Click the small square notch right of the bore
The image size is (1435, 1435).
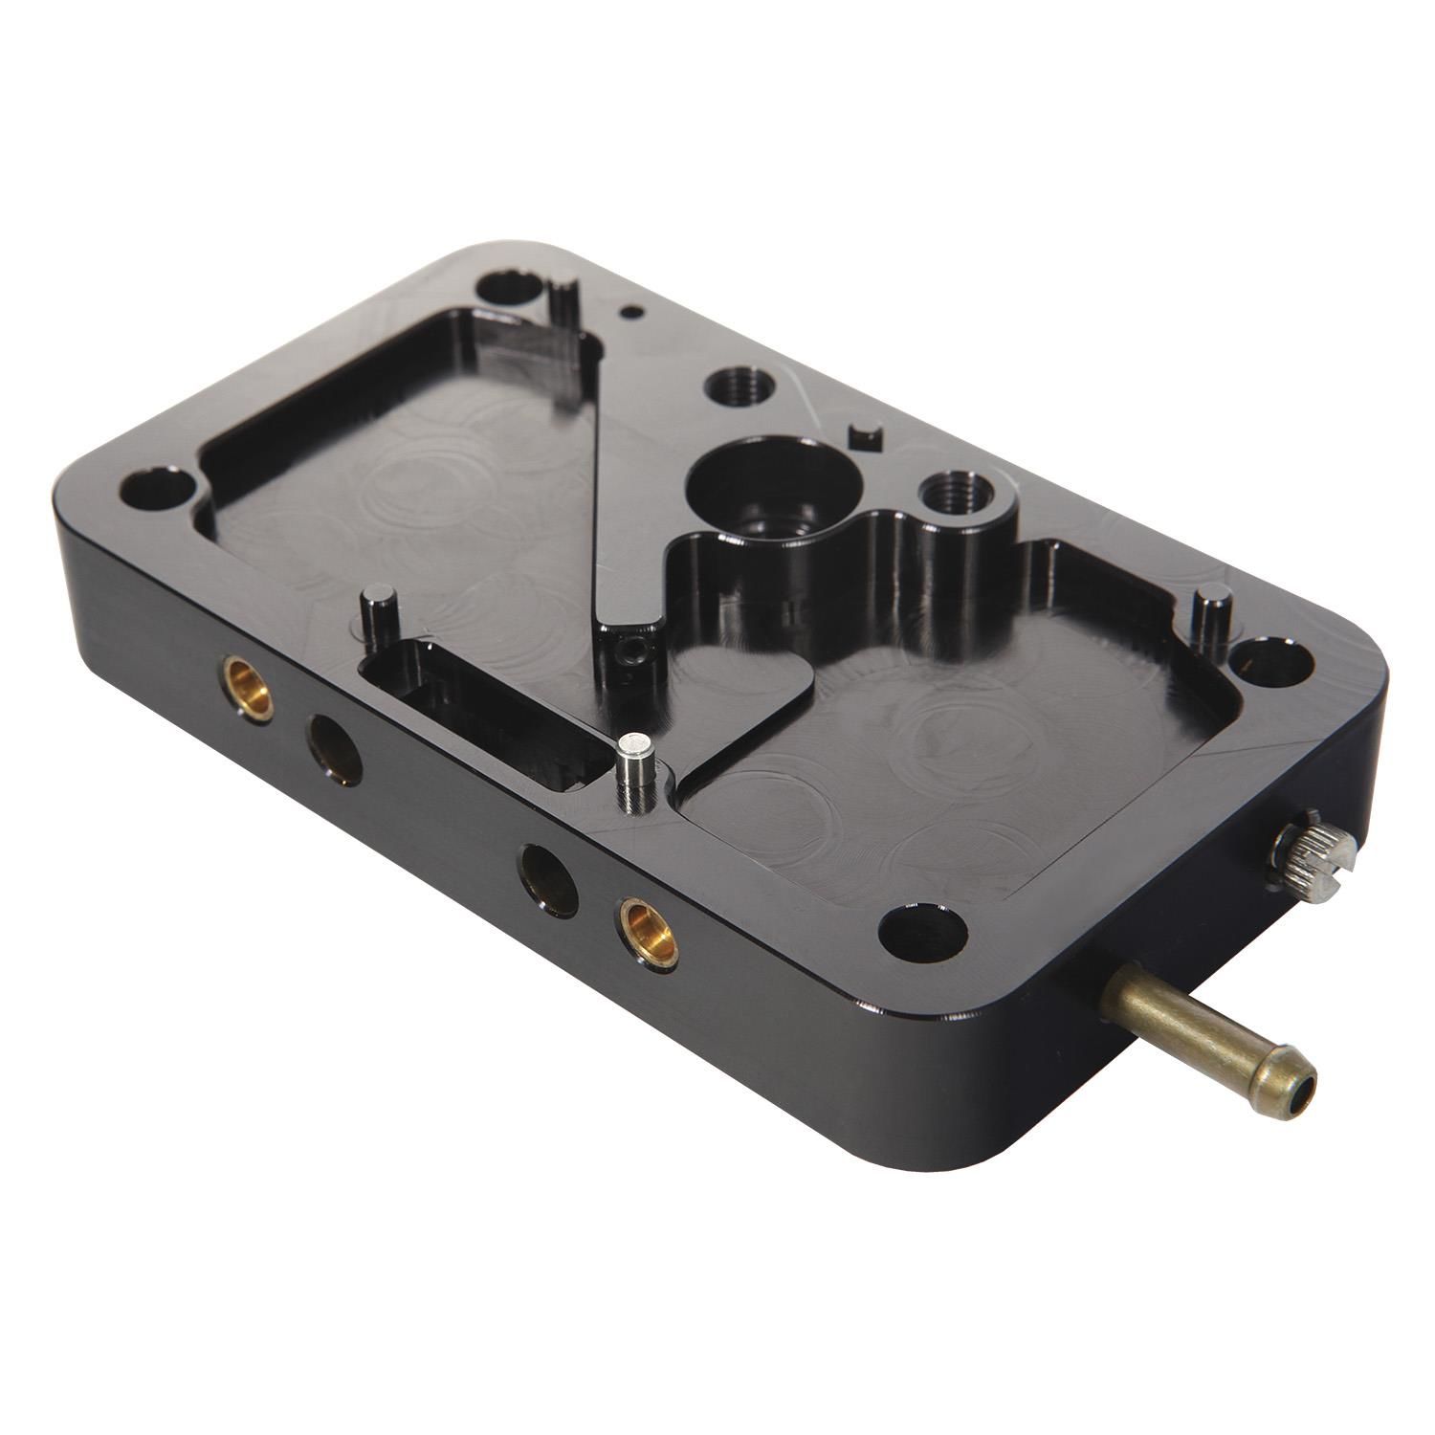click(866, 434)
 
